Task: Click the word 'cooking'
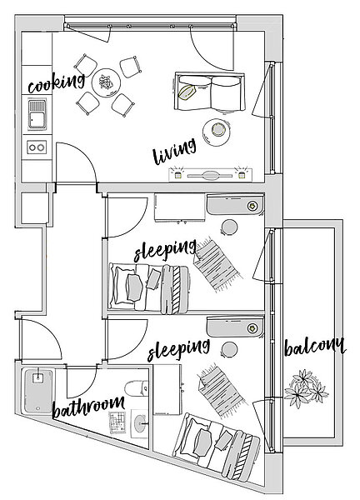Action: pos(56,82)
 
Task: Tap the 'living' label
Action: pos(174,152)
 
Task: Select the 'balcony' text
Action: pos(315,347)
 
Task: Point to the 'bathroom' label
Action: pos(88,407)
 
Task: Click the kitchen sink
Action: pos(37,115)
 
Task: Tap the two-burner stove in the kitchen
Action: pos(37,147)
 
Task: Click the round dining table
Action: pos(106,82)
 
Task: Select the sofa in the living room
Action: pos(210,92)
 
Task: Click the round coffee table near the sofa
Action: pos(217,132)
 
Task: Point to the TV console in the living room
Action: pos(211,175)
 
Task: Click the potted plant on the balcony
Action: pos(306,388)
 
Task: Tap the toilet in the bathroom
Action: pos(137,388)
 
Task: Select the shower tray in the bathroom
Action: pos(38,390)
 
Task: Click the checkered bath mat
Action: pos(117,422)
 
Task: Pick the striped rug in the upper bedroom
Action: pos(217,264)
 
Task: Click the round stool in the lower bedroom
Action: pos(229,349)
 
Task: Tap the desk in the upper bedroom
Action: pos(179,207)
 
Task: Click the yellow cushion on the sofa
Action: pos(187,92)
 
